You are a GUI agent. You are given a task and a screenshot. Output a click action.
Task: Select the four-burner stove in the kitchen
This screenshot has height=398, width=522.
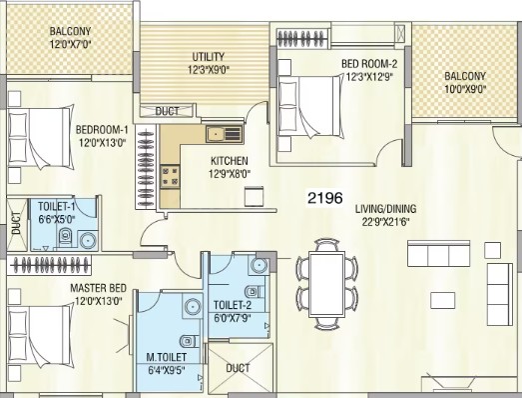tap(170, 177)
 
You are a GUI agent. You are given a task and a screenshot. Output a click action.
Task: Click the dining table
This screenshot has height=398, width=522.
tap(327, 284)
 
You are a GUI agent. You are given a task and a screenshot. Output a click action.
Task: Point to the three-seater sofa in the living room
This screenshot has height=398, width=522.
tap(439, 254)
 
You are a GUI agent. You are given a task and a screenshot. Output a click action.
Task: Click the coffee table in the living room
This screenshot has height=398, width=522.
tap(443, 300)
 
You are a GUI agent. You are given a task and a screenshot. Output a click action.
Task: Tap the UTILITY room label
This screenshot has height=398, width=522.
tap(209, 56)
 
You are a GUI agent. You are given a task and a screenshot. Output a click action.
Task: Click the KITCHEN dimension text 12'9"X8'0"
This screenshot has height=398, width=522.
tap(230, 174)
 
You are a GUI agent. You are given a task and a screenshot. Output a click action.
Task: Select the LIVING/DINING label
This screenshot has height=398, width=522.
tap(386, 209)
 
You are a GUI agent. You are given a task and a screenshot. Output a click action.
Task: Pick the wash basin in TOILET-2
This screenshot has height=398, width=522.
tap(259, 265)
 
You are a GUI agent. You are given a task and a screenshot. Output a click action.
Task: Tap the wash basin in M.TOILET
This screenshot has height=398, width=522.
tap(193, 307)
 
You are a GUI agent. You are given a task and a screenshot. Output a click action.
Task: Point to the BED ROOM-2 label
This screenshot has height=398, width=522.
tap(369, 63)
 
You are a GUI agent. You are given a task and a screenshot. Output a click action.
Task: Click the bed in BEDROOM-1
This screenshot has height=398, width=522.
tap(40, 137)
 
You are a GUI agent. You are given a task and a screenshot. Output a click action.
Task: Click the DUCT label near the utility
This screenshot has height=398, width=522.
tap(167, 111)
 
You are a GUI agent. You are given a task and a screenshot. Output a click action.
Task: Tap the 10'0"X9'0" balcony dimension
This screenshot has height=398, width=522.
tap(465, 89)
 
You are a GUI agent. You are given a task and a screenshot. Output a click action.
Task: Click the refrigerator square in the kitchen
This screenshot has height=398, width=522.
tap(254, 196)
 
